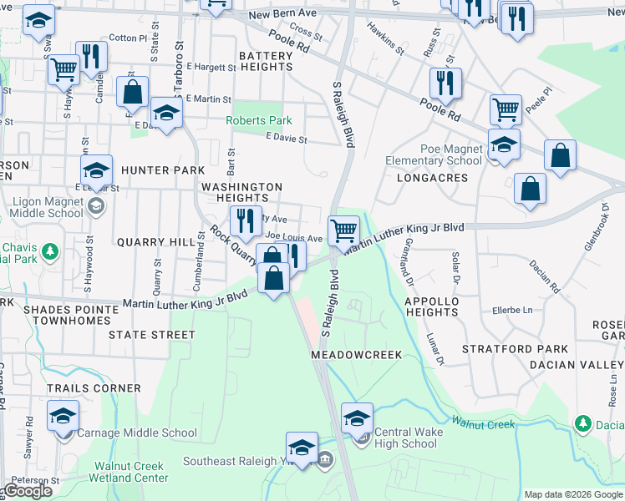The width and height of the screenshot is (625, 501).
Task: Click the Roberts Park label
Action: coord(259,120)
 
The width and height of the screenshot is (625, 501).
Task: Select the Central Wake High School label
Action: coord(405,438)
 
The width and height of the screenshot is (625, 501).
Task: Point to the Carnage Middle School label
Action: coord(137,433)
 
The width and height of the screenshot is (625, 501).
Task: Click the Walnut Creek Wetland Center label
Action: coord(131,472)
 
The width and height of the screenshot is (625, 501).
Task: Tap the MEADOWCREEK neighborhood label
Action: coord(357,355)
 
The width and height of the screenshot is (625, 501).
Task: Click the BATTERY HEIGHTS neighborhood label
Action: coord(266,61)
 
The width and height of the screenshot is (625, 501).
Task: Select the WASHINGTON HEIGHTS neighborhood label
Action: coord(241,192)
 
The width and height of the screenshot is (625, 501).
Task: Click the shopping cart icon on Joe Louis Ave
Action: coord(343,230)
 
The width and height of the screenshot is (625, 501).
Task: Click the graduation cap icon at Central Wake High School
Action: coord(358,417)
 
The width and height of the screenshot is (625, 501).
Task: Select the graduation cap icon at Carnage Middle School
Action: coord(63,416)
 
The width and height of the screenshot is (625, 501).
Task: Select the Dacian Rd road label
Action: coord(544,276)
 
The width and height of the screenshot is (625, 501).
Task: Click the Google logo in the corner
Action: coord(28,491)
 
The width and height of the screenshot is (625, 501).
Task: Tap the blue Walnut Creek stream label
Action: coord(484,424)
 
